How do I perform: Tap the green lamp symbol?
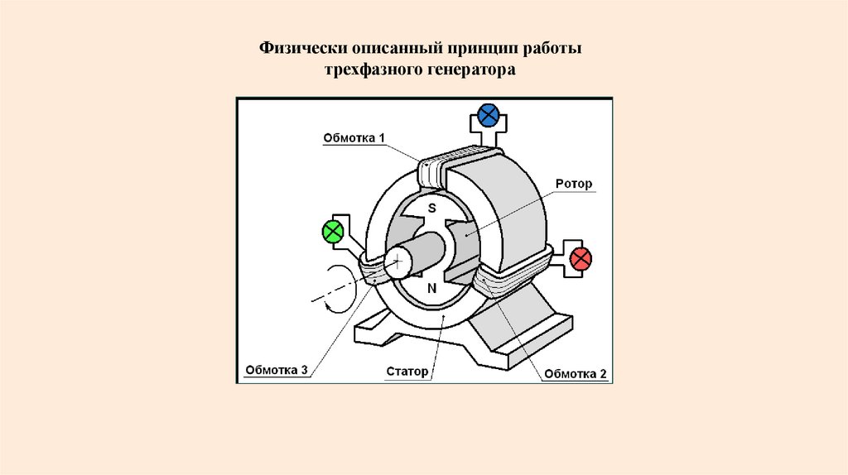(x=333, y=231)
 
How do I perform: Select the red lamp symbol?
(x=581, y=258)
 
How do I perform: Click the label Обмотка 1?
(x=354, y=139)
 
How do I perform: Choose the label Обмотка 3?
(x=277, y=370)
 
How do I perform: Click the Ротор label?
(x=574, y=184)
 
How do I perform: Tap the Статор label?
(x=407, y=372)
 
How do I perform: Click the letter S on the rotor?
(x=431, y=209)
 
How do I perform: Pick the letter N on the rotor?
(x=431, y=288)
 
